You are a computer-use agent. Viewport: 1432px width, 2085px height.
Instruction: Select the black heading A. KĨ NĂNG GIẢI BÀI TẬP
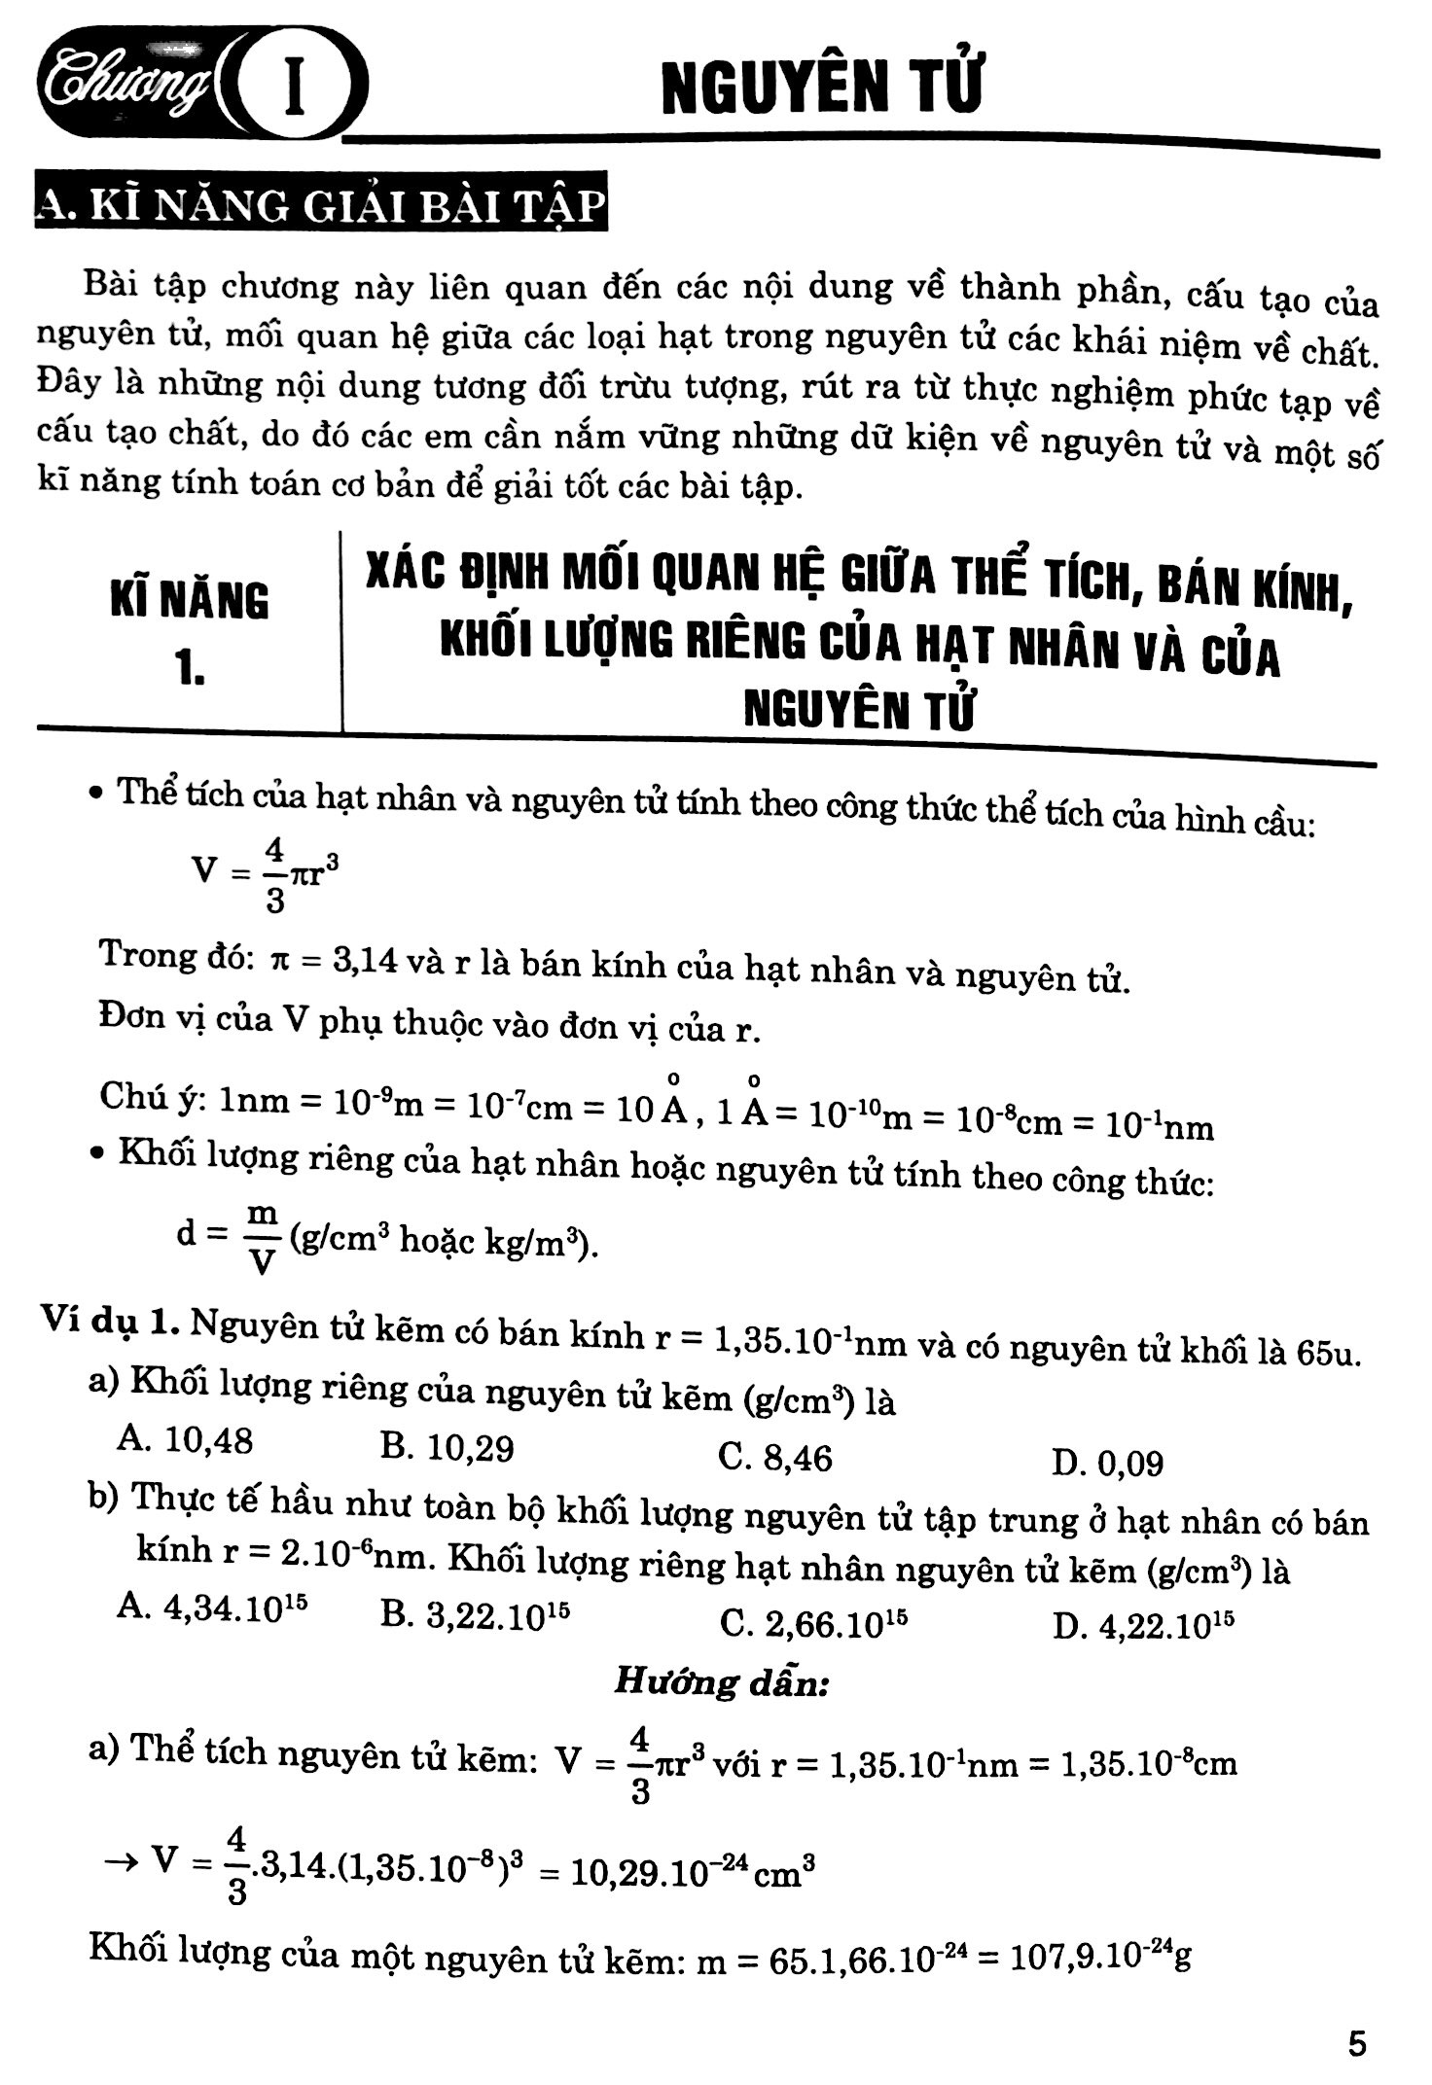[321, 207]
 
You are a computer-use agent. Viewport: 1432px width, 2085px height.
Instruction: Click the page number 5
[1357, 2042]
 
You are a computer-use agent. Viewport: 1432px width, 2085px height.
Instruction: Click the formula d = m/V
[230, 1237]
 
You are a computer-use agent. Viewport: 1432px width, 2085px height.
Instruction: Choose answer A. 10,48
[184, 1439]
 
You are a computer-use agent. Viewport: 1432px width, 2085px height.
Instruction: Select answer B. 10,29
[447, 1448]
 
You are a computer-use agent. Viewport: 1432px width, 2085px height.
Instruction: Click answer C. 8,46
[775, 1457]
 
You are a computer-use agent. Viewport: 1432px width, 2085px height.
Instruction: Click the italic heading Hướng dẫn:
[721, 1682]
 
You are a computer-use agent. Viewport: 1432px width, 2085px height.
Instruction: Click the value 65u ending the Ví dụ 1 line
[1327, 1352]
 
